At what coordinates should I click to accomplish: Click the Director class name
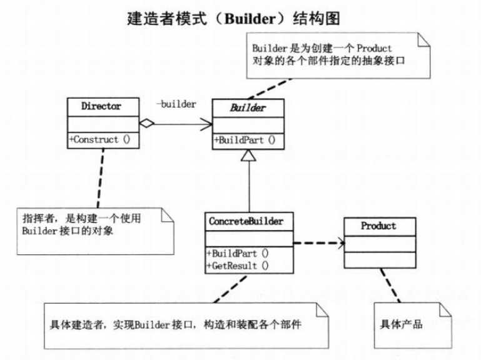(x=101, y=106)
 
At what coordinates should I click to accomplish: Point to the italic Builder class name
(x=248, y=107)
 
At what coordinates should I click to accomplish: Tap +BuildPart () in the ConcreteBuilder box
(x=236, y=254)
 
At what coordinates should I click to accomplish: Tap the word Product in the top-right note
(x=374, y=48)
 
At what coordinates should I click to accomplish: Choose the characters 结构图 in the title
(x=321, y=18)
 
